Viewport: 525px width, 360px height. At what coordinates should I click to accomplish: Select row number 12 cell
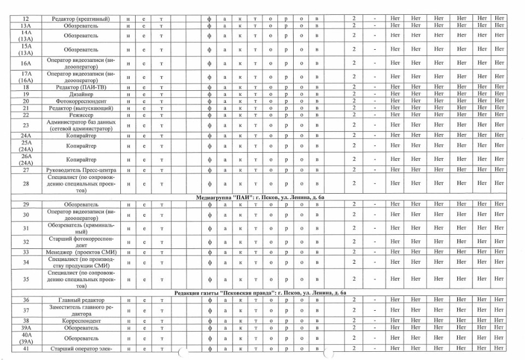[x=25, y=19]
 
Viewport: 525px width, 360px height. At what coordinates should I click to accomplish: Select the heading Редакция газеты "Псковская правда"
[x=260, y=293]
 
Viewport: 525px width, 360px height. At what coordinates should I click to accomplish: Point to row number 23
[x=25, y=125]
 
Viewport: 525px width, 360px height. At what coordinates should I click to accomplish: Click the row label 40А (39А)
[x=25, y=338]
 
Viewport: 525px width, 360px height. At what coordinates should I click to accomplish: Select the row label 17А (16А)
[x=25, y=77]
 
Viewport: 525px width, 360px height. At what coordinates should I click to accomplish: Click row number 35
[x=25, y=279]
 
